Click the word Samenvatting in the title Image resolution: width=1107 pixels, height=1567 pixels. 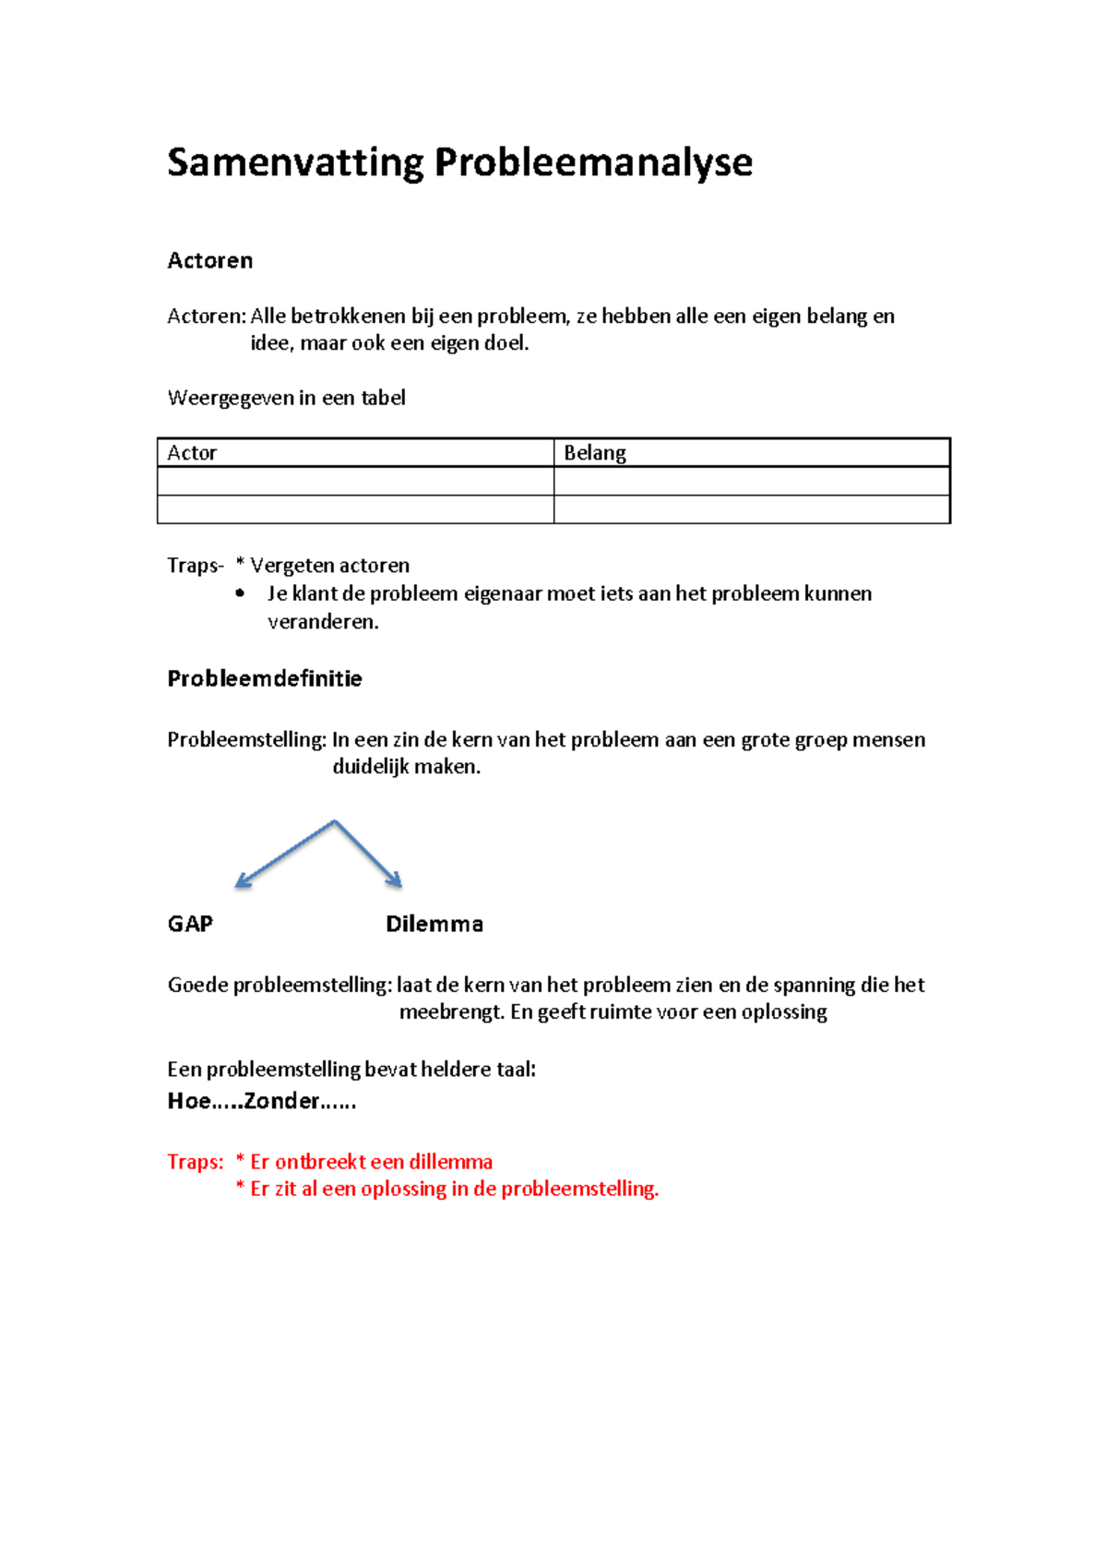[x=295, y=162]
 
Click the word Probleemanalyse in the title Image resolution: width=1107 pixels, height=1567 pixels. [x=593, y=162]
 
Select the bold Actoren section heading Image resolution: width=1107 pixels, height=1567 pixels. [x=209, y=260]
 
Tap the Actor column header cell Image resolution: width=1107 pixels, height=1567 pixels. [x=355, y=452]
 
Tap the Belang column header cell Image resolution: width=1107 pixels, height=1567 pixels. [x=751, y=452]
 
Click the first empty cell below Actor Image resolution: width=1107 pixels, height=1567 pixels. [x=355, y=481]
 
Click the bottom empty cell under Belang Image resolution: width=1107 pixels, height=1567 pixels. [x=751, y=509]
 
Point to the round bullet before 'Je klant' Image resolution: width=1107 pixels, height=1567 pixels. [x=241, y=593]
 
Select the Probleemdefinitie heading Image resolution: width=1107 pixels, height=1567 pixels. [x=264, y=678]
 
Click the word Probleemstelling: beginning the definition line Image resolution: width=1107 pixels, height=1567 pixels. [x=246, y=739]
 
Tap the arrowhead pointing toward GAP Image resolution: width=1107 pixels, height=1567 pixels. [x=243, y=881]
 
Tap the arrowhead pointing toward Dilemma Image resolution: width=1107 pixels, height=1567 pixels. [x=396, y=880]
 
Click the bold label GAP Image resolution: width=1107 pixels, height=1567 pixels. [x=190, y=924]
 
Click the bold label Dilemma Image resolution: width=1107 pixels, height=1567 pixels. [x=434, y=924]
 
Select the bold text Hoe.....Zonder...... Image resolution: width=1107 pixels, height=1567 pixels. [x=261, y=1100]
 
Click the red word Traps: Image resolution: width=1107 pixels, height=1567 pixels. [x=195, y=1161]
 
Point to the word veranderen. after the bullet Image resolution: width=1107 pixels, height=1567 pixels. [x=323, y=621]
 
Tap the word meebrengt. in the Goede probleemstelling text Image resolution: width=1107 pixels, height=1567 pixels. [x=451, y=1011]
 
